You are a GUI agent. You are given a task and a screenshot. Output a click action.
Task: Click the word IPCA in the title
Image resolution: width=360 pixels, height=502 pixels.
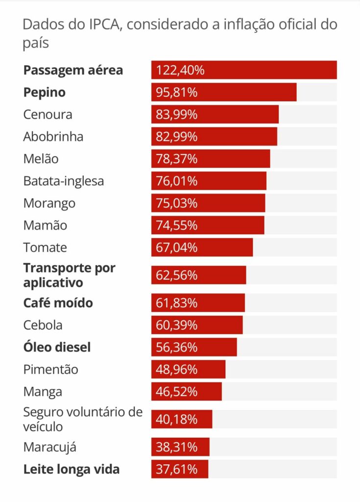[103, 25]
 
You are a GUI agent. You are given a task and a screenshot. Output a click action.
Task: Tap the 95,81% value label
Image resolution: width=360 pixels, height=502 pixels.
[177, 92]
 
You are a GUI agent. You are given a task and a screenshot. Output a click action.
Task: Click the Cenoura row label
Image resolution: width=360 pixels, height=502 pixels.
[48, 114]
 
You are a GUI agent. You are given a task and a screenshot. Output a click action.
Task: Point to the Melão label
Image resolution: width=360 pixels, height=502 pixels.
[41, 159]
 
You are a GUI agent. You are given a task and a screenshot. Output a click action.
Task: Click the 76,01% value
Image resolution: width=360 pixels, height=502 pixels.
[177, 181]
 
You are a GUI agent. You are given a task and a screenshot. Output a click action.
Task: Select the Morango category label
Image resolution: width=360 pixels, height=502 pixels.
[49, 203]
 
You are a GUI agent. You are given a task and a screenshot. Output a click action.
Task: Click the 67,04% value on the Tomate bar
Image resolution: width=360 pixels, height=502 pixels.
[177, 248]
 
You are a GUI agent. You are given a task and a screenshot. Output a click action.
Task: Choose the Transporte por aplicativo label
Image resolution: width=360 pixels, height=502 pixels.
[69, 275]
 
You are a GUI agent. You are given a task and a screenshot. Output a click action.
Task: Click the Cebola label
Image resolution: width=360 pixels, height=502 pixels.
[43, 325]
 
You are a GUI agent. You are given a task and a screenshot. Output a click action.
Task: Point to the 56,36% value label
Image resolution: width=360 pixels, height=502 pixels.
[177, 347]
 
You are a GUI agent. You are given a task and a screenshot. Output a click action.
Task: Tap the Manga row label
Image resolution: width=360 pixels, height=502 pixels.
[43, 392]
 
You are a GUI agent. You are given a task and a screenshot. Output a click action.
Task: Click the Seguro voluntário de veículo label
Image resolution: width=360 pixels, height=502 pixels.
[83, 419]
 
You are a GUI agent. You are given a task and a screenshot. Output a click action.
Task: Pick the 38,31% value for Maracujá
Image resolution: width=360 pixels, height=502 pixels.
[177, 447]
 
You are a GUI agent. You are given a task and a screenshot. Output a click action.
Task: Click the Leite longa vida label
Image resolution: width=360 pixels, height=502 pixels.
[71, 469]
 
